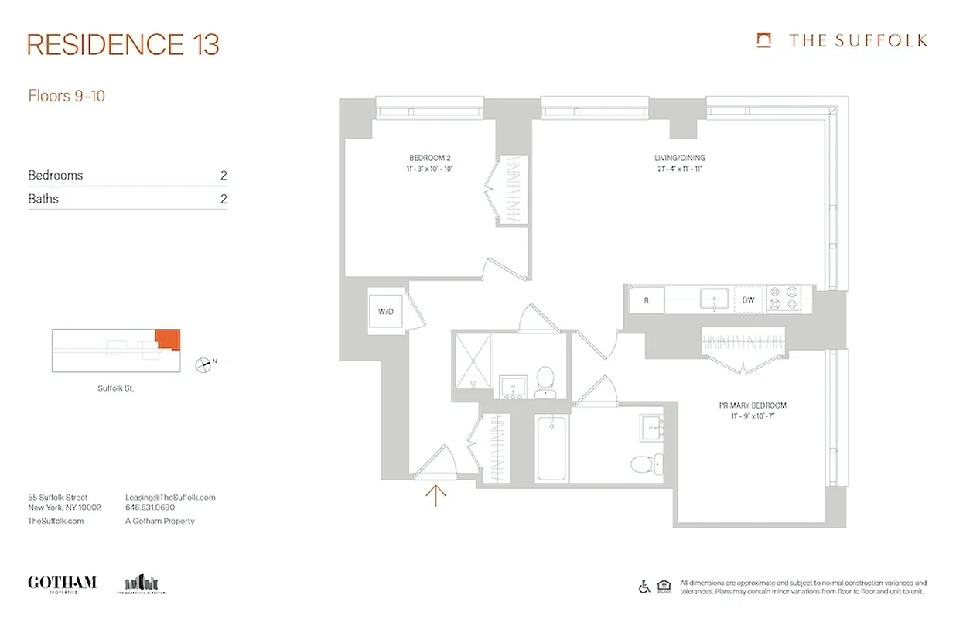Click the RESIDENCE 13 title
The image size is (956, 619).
(123, 45)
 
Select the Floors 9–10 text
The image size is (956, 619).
(67, 97)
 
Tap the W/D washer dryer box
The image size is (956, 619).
(386, 312)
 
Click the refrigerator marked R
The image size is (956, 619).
(646, 299)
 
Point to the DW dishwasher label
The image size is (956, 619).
(748, 299)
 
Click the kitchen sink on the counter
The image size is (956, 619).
(712, 298)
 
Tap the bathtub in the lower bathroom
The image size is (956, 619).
(551, 447)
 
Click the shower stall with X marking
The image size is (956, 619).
(472, 364)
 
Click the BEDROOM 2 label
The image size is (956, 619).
(429, 158)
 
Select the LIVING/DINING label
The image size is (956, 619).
(679, 158)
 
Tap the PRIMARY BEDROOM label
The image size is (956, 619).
(752, 405)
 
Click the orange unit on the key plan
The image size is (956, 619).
(167, 338)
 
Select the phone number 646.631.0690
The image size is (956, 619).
(150, 508)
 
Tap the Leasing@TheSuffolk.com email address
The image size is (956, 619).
(170, 498)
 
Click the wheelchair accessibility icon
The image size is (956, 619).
(644, 587)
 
